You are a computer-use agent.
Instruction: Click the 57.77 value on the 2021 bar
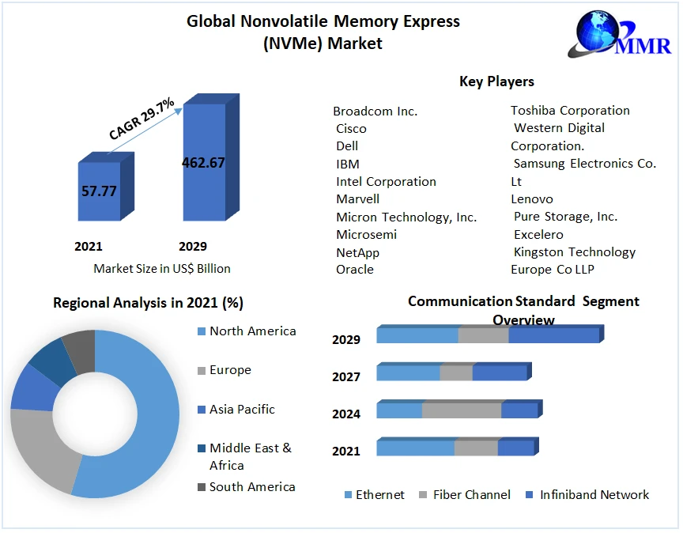point(99,191)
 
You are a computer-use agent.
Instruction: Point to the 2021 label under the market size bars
point(89,246)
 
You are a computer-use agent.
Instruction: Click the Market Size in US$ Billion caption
point(162,268)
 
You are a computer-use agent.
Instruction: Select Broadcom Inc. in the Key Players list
point(375,111)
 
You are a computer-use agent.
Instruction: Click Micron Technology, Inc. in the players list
point(406,217)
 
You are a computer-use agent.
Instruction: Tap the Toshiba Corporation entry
point(570,110)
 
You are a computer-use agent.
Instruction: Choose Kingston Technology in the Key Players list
point(575,251)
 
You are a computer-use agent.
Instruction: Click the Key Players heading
point(496,81)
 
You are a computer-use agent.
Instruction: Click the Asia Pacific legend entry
point(242,409)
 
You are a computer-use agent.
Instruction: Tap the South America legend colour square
point(202,487)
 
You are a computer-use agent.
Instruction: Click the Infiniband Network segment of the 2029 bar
point(553,335)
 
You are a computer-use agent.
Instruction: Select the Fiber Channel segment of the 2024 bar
point(462,410)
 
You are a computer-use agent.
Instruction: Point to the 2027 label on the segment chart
point(346,376)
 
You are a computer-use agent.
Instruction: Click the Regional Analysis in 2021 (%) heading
point(148,302)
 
